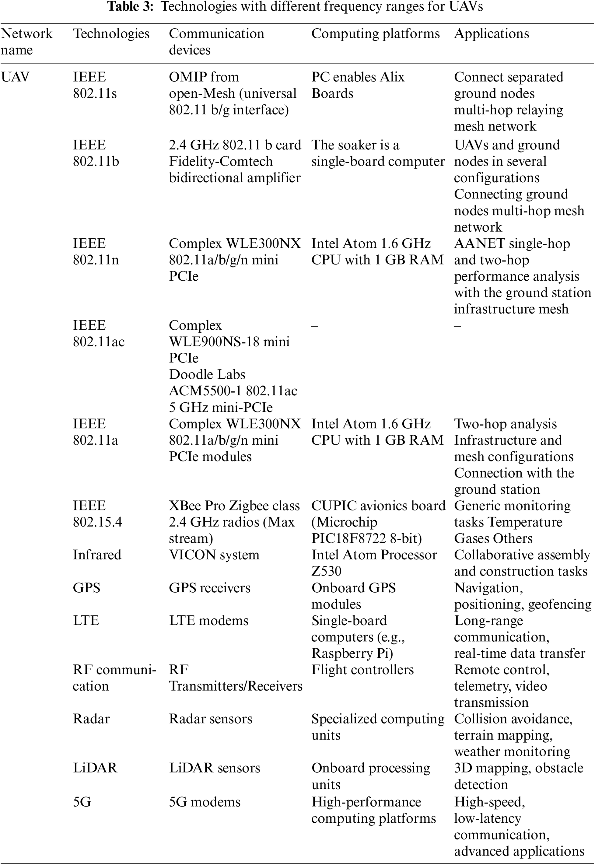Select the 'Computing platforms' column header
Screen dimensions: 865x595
[x=376, y=33]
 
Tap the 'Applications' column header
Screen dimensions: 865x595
[x=491, y=33]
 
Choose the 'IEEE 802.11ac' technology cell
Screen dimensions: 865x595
[x=98, y=333]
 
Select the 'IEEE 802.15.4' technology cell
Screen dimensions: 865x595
[x=97, y=514]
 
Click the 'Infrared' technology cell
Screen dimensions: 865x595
[x=97, y=555]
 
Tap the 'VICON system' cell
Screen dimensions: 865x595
[x=214, y=555]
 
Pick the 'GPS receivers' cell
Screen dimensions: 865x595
[x=209, y=588]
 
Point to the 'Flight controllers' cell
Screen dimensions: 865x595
[x=362, y=670]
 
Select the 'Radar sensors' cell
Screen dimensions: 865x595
[x=211, y=719]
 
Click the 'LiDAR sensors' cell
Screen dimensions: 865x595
[x=214, y=769]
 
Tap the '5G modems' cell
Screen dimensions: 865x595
[x=205, y=802]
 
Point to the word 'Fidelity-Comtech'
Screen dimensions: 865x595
[x=221, y=161]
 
